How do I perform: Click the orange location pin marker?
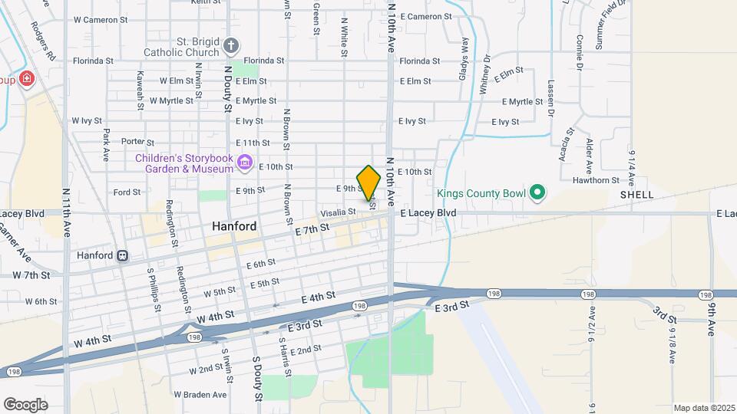[x=369, y=182]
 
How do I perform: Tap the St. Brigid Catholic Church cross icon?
[x=230, y=46]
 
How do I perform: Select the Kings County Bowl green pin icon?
[x=538, y=192]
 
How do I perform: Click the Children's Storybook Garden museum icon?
[x=245, y=162]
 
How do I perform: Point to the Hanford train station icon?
[x=123, y=255]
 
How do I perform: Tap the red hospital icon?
[x=28, y=79]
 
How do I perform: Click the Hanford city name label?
[x=235, y=227]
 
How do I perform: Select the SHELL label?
[x=637, y=195]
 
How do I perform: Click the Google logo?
[x=26, y=404]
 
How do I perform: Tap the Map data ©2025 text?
[x=703, y=408]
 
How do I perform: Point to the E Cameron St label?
[x=425, y=17]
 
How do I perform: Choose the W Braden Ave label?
[x=200, y=395]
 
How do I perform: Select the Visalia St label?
[x=338, y=212]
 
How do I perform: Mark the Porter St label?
[x=138, y=142]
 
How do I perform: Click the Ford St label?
[x=124, y=192]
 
